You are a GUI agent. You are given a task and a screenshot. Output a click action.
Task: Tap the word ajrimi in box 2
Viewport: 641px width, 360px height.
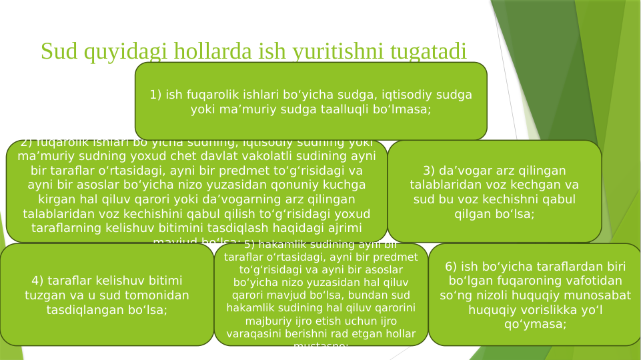click(x=340, y=228)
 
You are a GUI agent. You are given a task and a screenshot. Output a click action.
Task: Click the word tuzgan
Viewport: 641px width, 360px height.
click(x=45, y=295)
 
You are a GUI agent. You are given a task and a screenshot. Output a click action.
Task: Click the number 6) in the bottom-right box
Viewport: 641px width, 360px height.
click(x=452, y=267)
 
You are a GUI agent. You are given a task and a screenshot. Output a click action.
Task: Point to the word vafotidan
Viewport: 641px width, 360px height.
click(x=592, y=281)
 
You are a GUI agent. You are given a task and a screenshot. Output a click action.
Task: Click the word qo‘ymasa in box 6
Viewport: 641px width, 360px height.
click(x=535, y=325)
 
